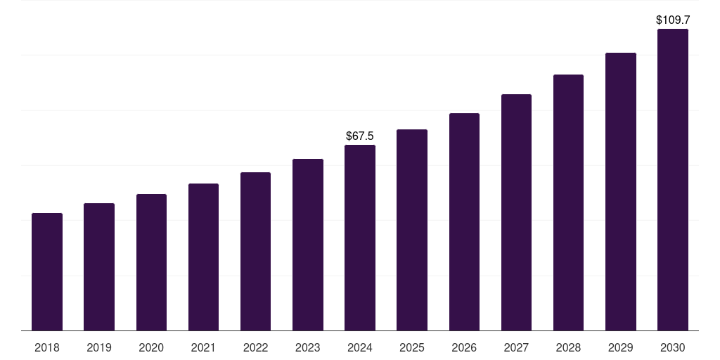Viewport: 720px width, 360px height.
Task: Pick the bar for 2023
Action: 308,245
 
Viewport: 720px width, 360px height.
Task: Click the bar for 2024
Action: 360,238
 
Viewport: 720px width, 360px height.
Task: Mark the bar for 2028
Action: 568,202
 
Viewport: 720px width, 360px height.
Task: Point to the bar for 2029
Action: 621,191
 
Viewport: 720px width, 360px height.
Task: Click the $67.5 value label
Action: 360,136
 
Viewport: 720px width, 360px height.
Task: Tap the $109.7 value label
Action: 673,20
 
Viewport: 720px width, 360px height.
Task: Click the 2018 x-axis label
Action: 47,348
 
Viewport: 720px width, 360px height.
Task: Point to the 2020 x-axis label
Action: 151,348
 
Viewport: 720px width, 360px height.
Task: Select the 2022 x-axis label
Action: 255,348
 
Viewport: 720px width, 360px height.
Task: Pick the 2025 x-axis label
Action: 412,348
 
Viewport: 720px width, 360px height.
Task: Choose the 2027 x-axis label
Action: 516,348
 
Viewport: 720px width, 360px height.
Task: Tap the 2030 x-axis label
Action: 673,348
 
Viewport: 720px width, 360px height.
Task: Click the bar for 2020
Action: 151,262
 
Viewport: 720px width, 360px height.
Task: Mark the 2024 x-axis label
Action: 360,348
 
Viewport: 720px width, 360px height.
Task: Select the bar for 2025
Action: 412,230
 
